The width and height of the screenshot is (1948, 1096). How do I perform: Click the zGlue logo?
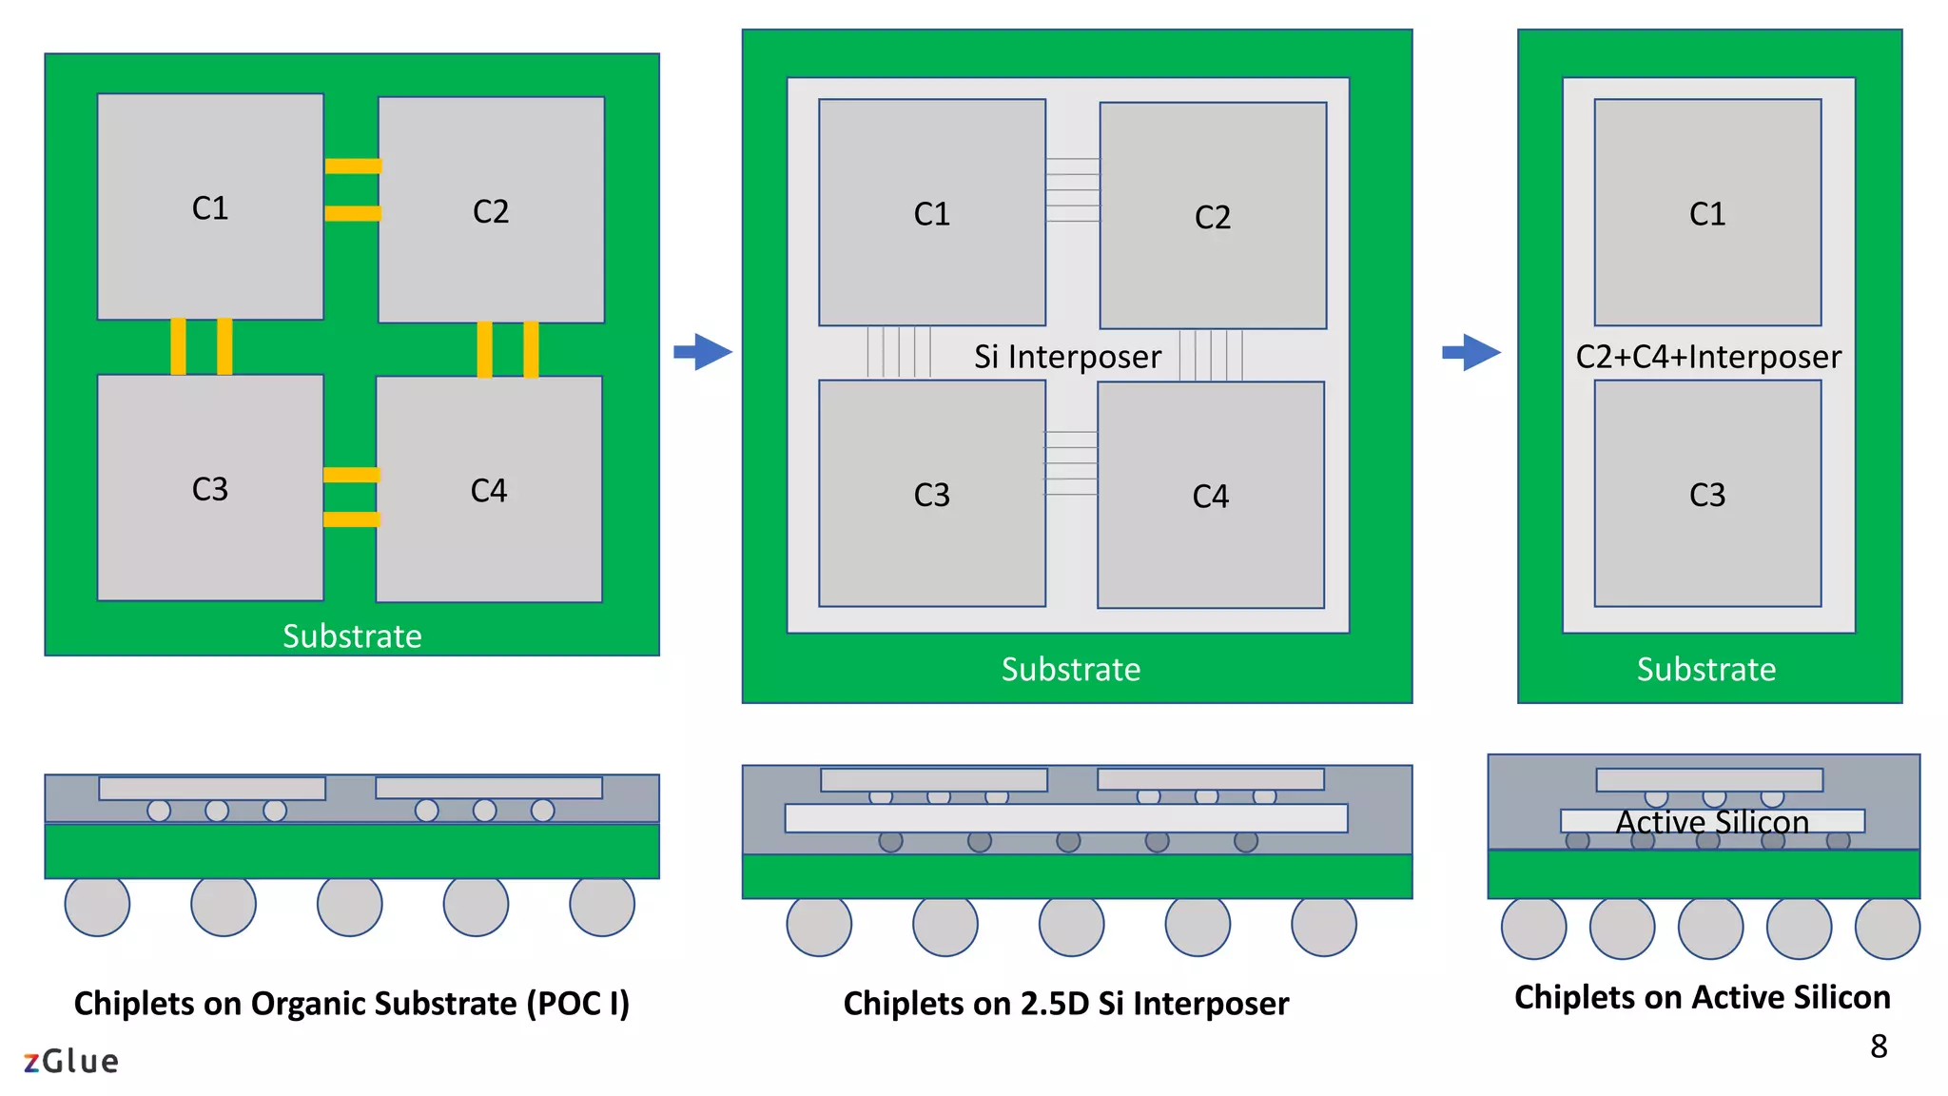point(71,1061)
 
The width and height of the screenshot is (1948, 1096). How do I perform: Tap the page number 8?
point(1879,1047)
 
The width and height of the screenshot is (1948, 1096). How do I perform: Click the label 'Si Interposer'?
point(1067,357)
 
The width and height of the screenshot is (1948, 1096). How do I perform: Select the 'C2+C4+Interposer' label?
point(1708,357)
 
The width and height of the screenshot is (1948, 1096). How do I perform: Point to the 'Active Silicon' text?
point(1712,822)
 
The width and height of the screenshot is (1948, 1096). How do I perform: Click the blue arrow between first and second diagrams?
point(703,352)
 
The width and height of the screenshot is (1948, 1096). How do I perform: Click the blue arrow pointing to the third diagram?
point(1471,352)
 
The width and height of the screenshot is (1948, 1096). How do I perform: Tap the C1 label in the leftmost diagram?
point(210,208)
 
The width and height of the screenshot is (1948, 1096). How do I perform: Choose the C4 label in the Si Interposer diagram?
point(1211,497)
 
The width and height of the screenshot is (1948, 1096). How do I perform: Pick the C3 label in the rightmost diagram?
point(1707,495)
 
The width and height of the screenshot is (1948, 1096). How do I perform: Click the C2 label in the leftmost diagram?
point(491,211)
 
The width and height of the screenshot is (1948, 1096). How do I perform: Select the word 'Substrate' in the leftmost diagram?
point(352,636)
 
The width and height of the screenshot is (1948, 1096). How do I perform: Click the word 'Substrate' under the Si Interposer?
point(1071,669)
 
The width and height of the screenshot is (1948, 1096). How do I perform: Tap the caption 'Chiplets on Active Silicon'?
point(1703,997)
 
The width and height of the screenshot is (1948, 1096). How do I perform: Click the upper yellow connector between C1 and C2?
point(353,166)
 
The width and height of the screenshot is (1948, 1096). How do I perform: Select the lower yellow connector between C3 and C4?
point(351,519)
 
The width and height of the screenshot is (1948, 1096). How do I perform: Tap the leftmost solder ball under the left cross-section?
point(97,905)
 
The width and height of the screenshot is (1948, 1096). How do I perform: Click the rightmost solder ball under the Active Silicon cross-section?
point(1887,928)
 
